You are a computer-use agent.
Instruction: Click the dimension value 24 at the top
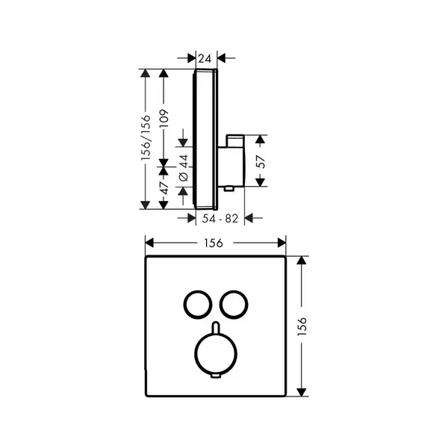click(x=205, y=58)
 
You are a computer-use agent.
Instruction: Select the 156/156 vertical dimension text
click(x=146, y=137)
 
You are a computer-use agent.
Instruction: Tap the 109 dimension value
click(x=164, y=118)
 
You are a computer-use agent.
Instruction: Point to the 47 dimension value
click(x=164, y=187)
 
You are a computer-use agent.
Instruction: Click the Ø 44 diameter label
click(x=184, y=168)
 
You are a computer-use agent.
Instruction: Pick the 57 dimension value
click(x=261, y=161)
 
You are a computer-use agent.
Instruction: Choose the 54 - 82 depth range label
click(x=220, y=219)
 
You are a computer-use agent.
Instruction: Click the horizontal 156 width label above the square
click(x=214, y=243)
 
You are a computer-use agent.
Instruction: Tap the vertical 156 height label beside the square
click(x=302, y=326)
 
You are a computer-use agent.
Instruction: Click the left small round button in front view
click(x=184, y=305)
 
